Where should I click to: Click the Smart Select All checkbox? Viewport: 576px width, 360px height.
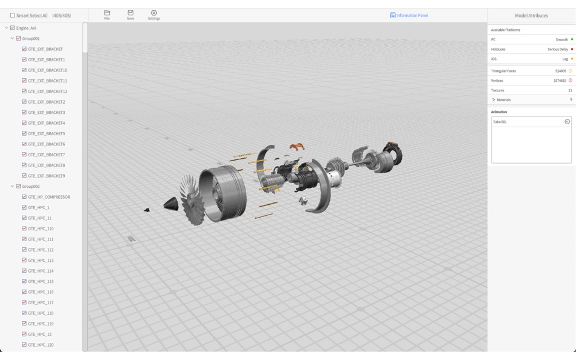[x=13, y=15]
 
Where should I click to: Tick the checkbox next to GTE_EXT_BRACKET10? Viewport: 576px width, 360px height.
[x=24, y=70]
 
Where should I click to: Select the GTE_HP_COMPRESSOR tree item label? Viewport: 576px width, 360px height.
[x=49, y=197]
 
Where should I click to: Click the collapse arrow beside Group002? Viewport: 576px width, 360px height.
[x=12, y=186]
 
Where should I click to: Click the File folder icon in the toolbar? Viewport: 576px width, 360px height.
[x=107, y=13]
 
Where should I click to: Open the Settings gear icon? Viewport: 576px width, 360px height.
[x=154, y=13]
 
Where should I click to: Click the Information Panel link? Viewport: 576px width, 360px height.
[x=409, y=15]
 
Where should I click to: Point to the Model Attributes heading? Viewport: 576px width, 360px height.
[x=531, y=15]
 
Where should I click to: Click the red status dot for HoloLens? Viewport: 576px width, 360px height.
[x=572, y=49]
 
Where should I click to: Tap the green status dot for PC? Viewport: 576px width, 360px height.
[x=572, y=39]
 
